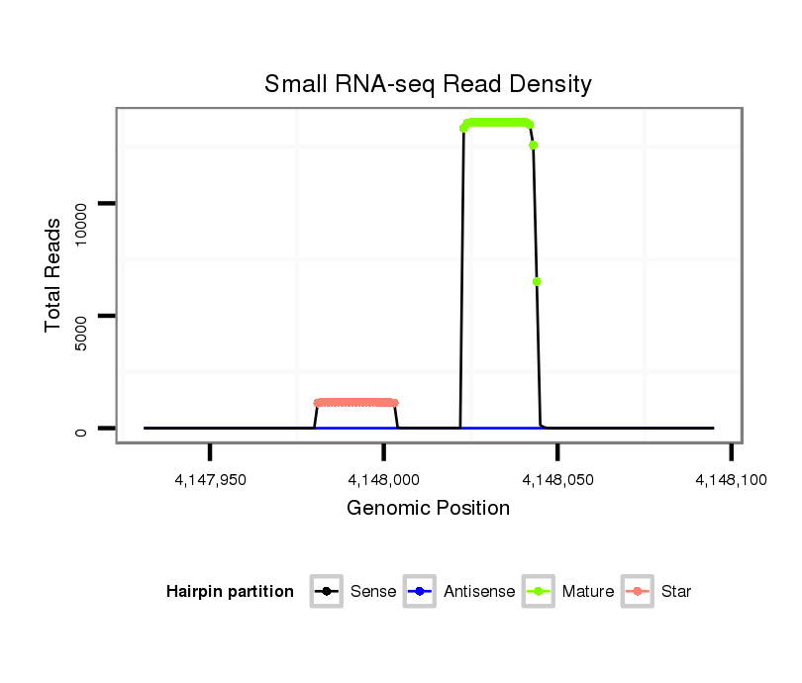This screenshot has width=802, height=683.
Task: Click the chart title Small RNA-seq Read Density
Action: pyautogui.click(x=428, y=84)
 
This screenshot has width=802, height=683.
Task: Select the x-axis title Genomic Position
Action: pyautogui.click(x=428, y=509)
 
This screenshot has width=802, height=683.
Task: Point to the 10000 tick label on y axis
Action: pyautogui.click(x=81, y=204)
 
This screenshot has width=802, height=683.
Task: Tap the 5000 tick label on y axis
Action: pyautogui.click(x=81, y=316)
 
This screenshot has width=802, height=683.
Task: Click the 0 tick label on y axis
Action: pyautogui.click(x=81, y=429)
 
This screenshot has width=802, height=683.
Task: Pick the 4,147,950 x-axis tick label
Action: pyautogui.click(x=210, y=480)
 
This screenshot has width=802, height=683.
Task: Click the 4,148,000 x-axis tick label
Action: pyautogui.click(x=383, y=480)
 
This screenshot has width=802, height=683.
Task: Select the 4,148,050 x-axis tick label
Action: pyautogui.click(x=557, y=480)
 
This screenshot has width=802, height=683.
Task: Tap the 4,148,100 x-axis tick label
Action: pyautogui.click(x=731, y=480)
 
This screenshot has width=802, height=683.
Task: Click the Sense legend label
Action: pyautogui.click(x=373, y=592)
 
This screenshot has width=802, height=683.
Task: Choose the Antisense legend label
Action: pyautogui.click(x=479, y=592)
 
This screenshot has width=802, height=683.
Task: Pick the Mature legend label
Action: pyautogui.click(x=588, y=592)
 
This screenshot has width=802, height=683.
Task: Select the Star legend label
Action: pyautogui.click(x=676, y=592)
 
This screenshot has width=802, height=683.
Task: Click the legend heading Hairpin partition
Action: pyautogui.click(x=230, y=592)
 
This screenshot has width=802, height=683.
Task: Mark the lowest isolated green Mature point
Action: pyautogui.click(x=537, y=281)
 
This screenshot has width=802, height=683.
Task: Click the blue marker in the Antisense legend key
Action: pyautogui.click(x=420, y=592)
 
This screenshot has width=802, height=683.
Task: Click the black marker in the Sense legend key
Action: pyautogui.click(x=327, y=592)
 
